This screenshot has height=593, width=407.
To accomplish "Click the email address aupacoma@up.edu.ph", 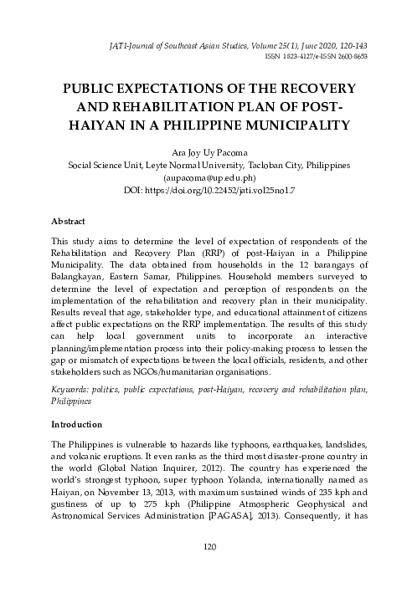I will [x=203, y=178].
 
